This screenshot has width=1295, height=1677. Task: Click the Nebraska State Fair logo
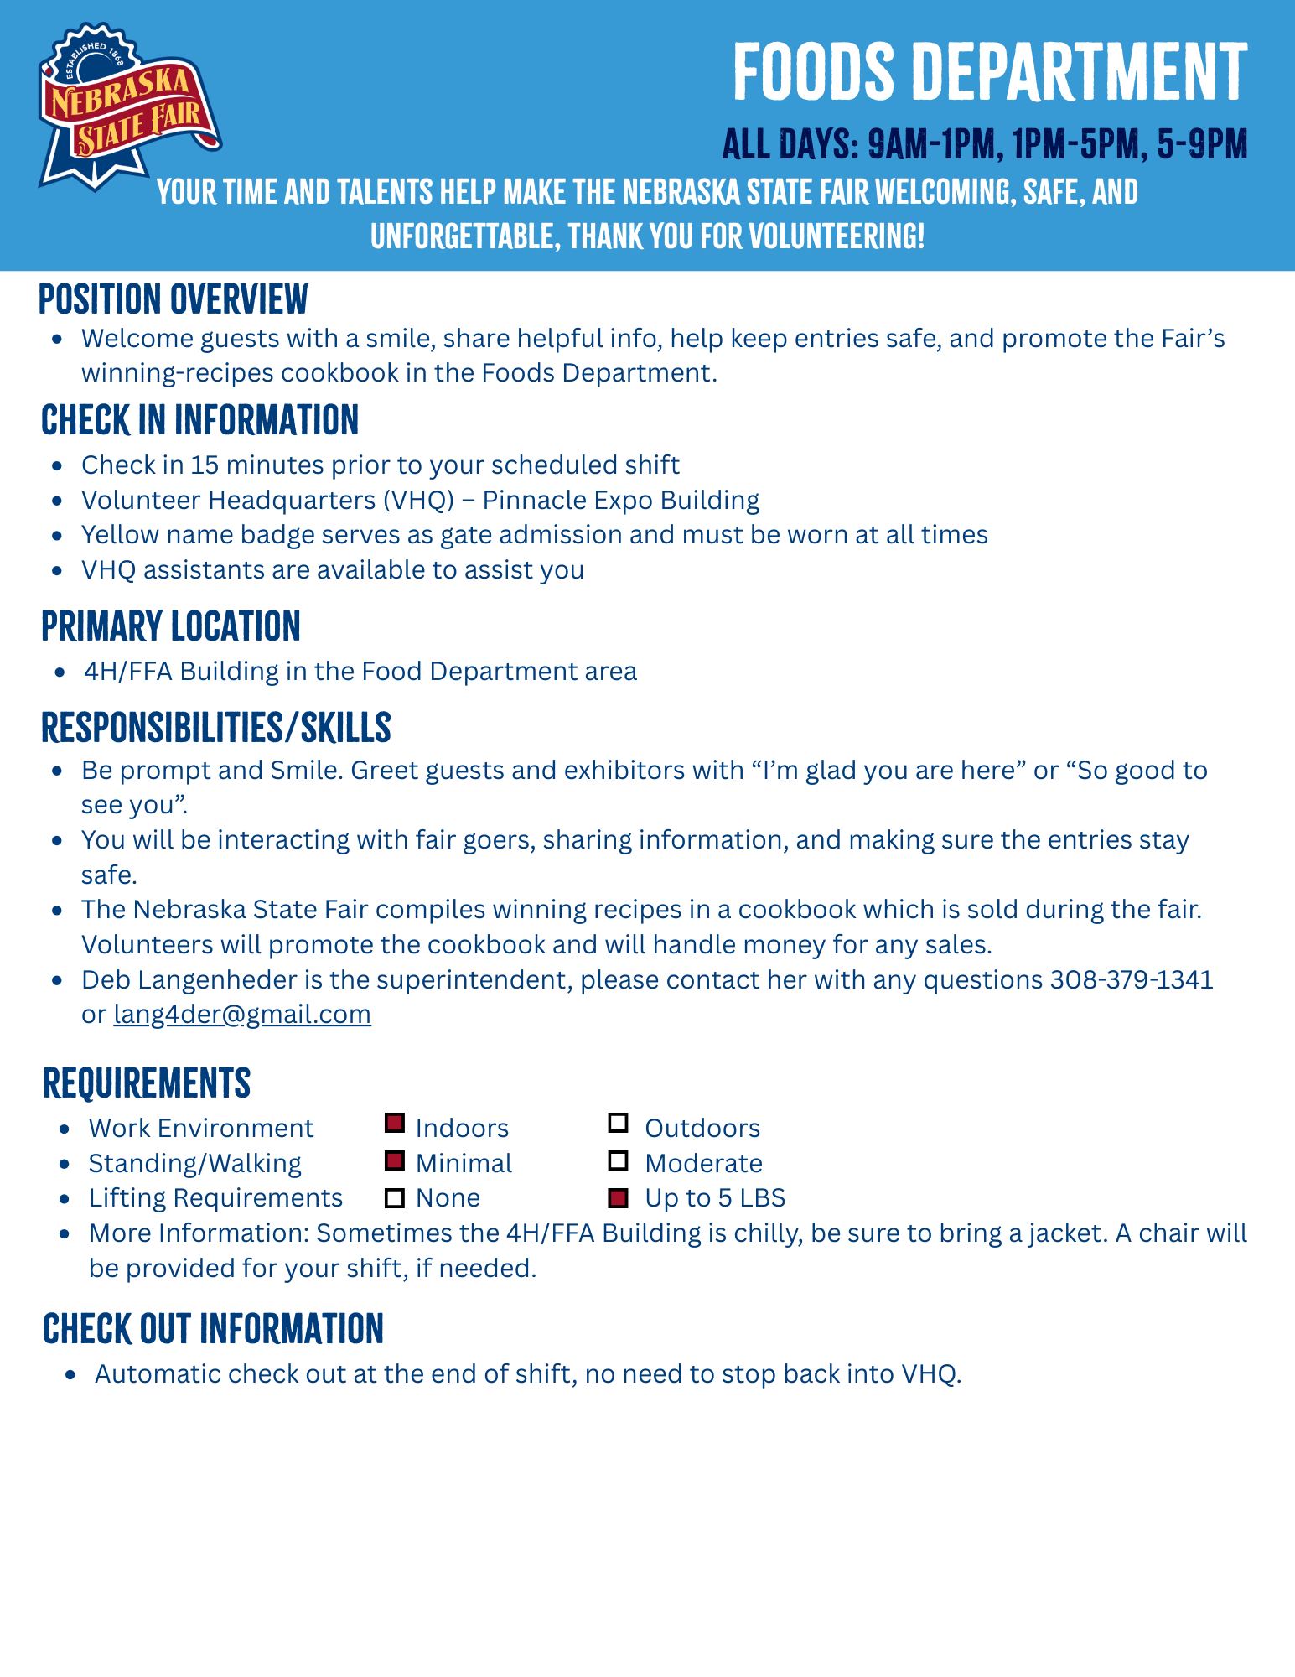tap(127, 106)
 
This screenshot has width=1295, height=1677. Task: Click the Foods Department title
tap(990, 72)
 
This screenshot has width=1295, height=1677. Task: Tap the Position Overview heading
tap(174, 299)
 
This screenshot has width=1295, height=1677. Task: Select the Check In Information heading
tap(199, 420)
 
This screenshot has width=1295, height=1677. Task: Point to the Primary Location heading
tap(171, 626)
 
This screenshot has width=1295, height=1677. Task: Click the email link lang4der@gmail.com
tap(242, 1015)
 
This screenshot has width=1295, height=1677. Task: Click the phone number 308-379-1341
tap(1132, 979)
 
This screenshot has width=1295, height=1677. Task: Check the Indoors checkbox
tap(395, 1123)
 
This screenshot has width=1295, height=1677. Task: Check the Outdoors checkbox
tap(619, 1123)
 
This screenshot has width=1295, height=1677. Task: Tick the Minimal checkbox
tap(395, 1161)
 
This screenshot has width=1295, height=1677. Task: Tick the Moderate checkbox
tap(619, 1161)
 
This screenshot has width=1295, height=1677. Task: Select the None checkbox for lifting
tap(395, 1198)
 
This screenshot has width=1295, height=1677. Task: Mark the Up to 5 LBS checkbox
tap(619, 1198)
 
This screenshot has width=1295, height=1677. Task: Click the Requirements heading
tap(147, 1083)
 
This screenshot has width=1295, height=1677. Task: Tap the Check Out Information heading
tap(213, 1329)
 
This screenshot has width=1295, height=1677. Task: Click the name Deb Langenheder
tap(189, 979)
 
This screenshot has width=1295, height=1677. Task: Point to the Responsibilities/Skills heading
tap(216, 727)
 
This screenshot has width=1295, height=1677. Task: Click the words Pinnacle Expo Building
tap(621, 500)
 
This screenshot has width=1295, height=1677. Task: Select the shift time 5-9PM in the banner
tap(1203, 144)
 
